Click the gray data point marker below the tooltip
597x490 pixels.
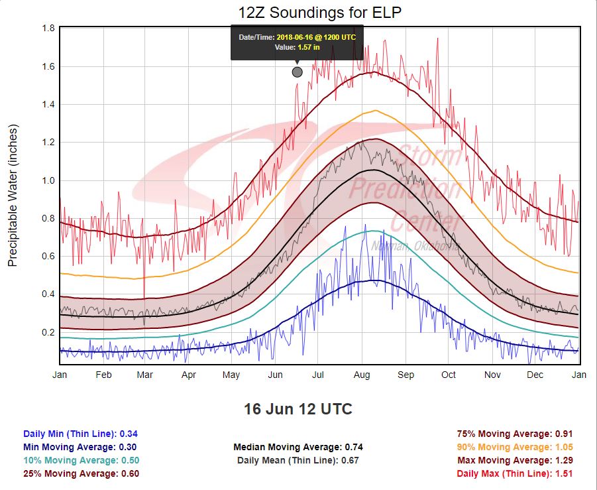click(x=297, y=72)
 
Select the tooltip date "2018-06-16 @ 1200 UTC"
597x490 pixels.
click(x=316, y=37)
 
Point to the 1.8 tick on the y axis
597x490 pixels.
click(x=48, y=29)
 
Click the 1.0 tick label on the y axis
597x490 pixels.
click(x=48, y=180)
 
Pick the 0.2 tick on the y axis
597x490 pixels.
click(x=48, y=332)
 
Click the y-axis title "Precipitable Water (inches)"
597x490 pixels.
click(x=13, y=195)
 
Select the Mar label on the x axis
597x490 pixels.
click(x=144, y=375)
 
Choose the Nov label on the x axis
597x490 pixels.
click(x=492, y=375)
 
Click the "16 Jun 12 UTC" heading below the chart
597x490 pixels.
click(x=298, y=409)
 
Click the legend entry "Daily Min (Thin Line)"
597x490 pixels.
click(x=80, y=434)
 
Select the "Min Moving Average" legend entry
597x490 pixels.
click(x=80, y=447)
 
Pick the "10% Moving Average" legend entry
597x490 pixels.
click(x=80, y=460)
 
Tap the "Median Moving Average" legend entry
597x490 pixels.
click(x=298, y=447)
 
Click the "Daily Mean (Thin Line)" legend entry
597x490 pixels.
click(x=298, y=460)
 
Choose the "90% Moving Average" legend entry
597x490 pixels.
click(x=514, y=447)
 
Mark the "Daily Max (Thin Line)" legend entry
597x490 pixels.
click(x=514, y=473)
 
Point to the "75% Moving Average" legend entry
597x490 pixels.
click(x=514, y=434)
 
